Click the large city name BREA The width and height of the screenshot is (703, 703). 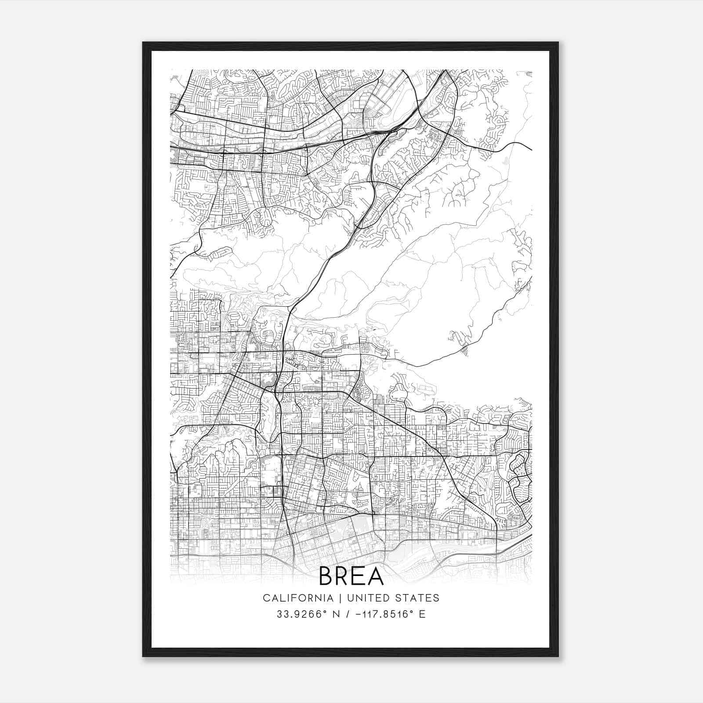point(351,576)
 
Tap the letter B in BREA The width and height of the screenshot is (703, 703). point(327,576)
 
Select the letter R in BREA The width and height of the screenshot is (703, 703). point(344,576)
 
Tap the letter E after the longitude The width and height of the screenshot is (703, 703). point(422,614)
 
